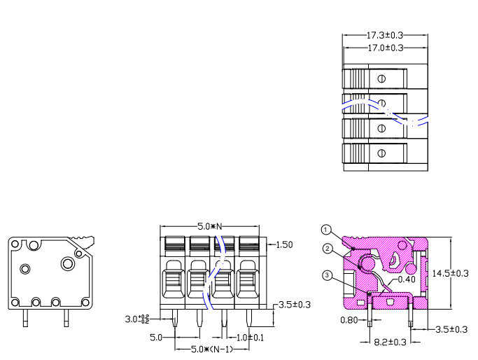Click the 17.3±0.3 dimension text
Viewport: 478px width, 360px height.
pos(384,36)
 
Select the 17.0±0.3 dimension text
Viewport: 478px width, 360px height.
pos(386,48)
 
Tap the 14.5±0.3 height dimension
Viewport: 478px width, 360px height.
pos(450,273)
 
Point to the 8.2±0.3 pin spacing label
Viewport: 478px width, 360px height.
pos(390,342)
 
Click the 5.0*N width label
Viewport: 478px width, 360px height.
pos(210,226)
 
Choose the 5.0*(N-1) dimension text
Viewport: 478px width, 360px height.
pos(212,349)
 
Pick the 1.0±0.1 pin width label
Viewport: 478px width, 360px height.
pos(250,338)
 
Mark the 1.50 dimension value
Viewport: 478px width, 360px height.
pos(284,244)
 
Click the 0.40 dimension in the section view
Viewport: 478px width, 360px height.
pos(407,279)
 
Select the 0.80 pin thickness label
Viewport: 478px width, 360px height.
pos(349,320)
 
